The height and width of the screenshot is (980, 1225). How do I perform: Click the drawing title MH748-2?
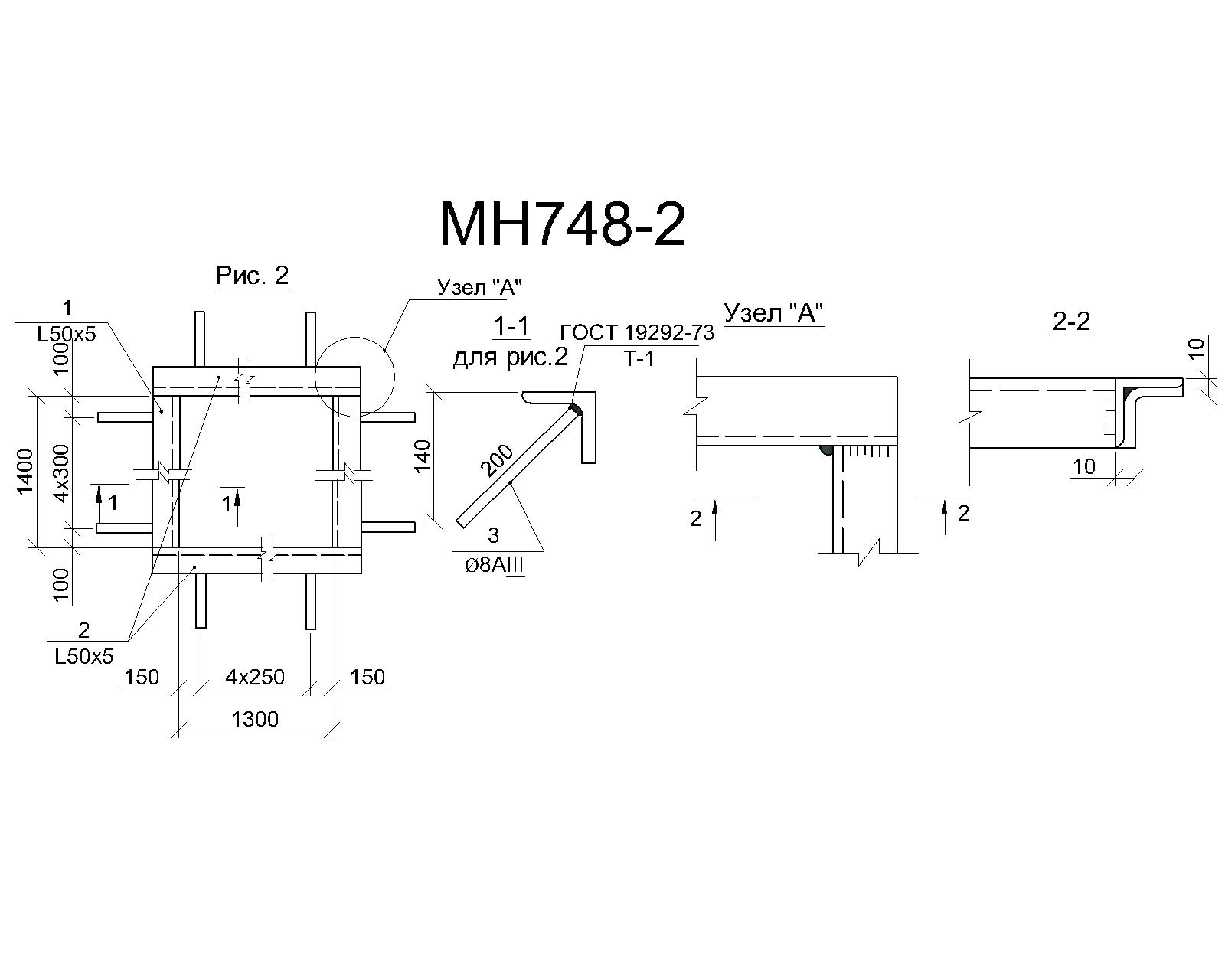[563, 225]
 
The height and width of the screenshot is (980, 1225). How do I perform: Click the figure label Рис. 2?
[252, 276]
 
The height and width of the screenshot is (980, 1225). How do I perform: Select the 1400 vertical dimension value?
[26, 472]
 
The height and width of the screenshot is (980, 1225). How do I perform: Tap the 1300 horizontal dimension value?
[255, 719]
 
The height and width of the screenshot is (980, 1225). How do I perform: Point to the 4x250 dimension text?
[255, 677]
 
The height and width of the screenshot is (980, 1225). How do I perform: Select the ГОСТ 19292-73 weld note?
[637, 332]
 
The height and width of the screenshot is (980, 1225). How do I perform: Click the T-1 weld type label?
[639, 359]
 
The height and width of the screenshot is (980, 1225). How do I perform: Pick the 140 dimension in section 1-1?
[423, 456]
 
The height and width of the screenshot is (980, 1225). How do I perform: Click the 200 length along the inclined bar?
[497, 461]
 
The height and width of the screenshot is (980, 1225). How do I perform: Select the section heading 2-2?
[1071, 322]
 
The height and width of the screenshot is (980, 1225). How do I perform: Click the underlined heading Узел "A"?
[773, 312]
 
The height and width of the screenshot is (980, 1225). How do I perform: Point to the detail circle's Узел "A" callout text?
[480, 288]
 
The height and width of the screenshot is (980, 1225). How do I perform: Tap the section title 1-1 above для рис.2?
[511, 327]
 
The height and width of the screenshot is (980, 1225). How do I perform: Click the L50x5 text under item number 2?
[84, 657]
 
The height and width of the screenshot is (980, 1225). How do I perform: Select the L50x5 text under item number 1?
[67, 335]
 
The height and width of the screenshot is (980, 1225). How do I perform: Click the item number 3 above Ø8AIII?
[494, 535]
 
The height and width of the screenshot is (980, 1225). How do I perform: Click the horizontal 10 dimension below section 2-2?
[1084, 467]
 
